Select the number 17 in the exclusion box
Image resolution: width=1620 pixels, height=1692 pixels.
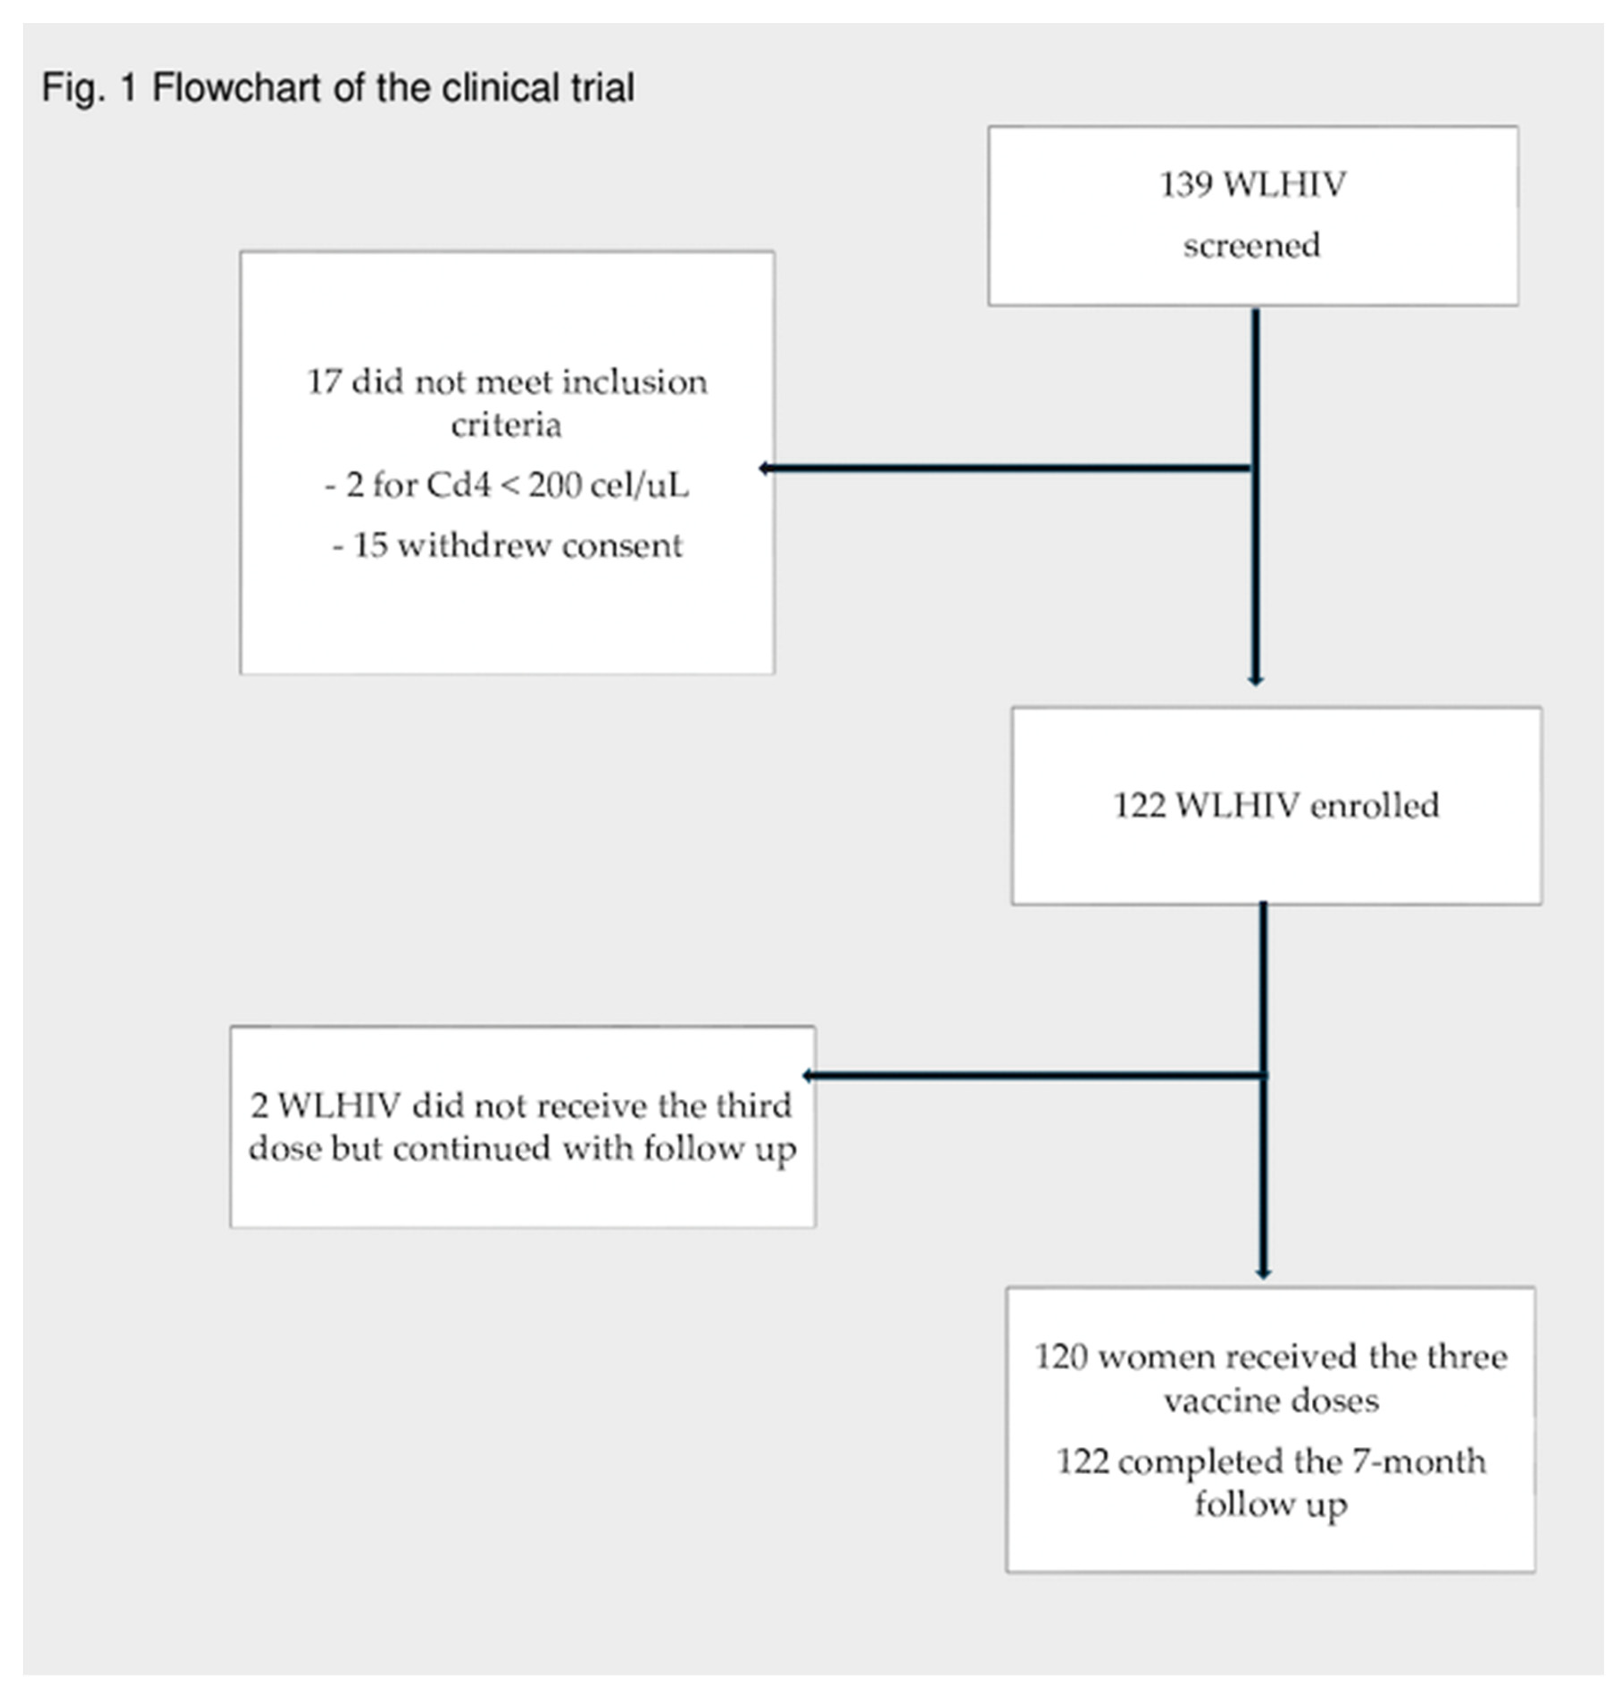click(324, 382)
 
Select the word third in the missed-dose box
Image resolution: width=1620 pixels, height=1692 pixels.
click(757, 1106)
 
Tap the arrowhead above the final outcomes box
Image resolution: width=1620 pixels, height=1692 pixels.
click(1262, 1273)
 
